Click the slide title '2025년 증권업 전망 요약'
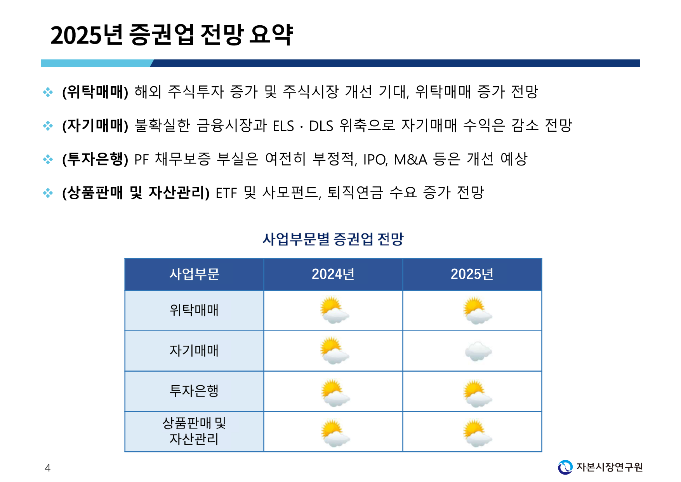click(172, 35)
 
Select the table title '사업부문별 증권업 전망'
click(333, 239)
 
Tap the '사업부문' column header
click(194, 274)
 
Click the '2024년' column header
click(333, 274)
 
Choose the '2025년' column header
click(472, 274)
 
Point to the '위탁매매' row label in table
click(194, 310)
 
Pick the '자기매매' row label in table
click(194, 351)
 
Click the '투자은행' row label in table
click(194, 391)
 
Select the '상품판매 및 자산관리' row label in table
click(194, 431)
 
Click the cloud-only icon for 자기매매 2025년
click(478, 351)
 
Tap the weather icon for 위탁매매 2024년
click(334, 310)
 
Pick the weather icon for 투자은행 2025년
click(477, 393)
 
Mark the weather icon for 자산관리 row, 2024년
click(335, 433)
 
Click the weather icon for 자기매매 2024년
click(334, 351)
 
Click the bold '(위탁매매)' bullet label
click(95, 92)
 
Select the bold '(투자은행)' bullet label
click(95, 159)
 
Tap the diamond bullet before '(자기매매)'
click(48, 125)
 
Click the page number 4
click(47, 468)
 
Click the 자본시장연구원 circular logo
click(565, 467)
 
